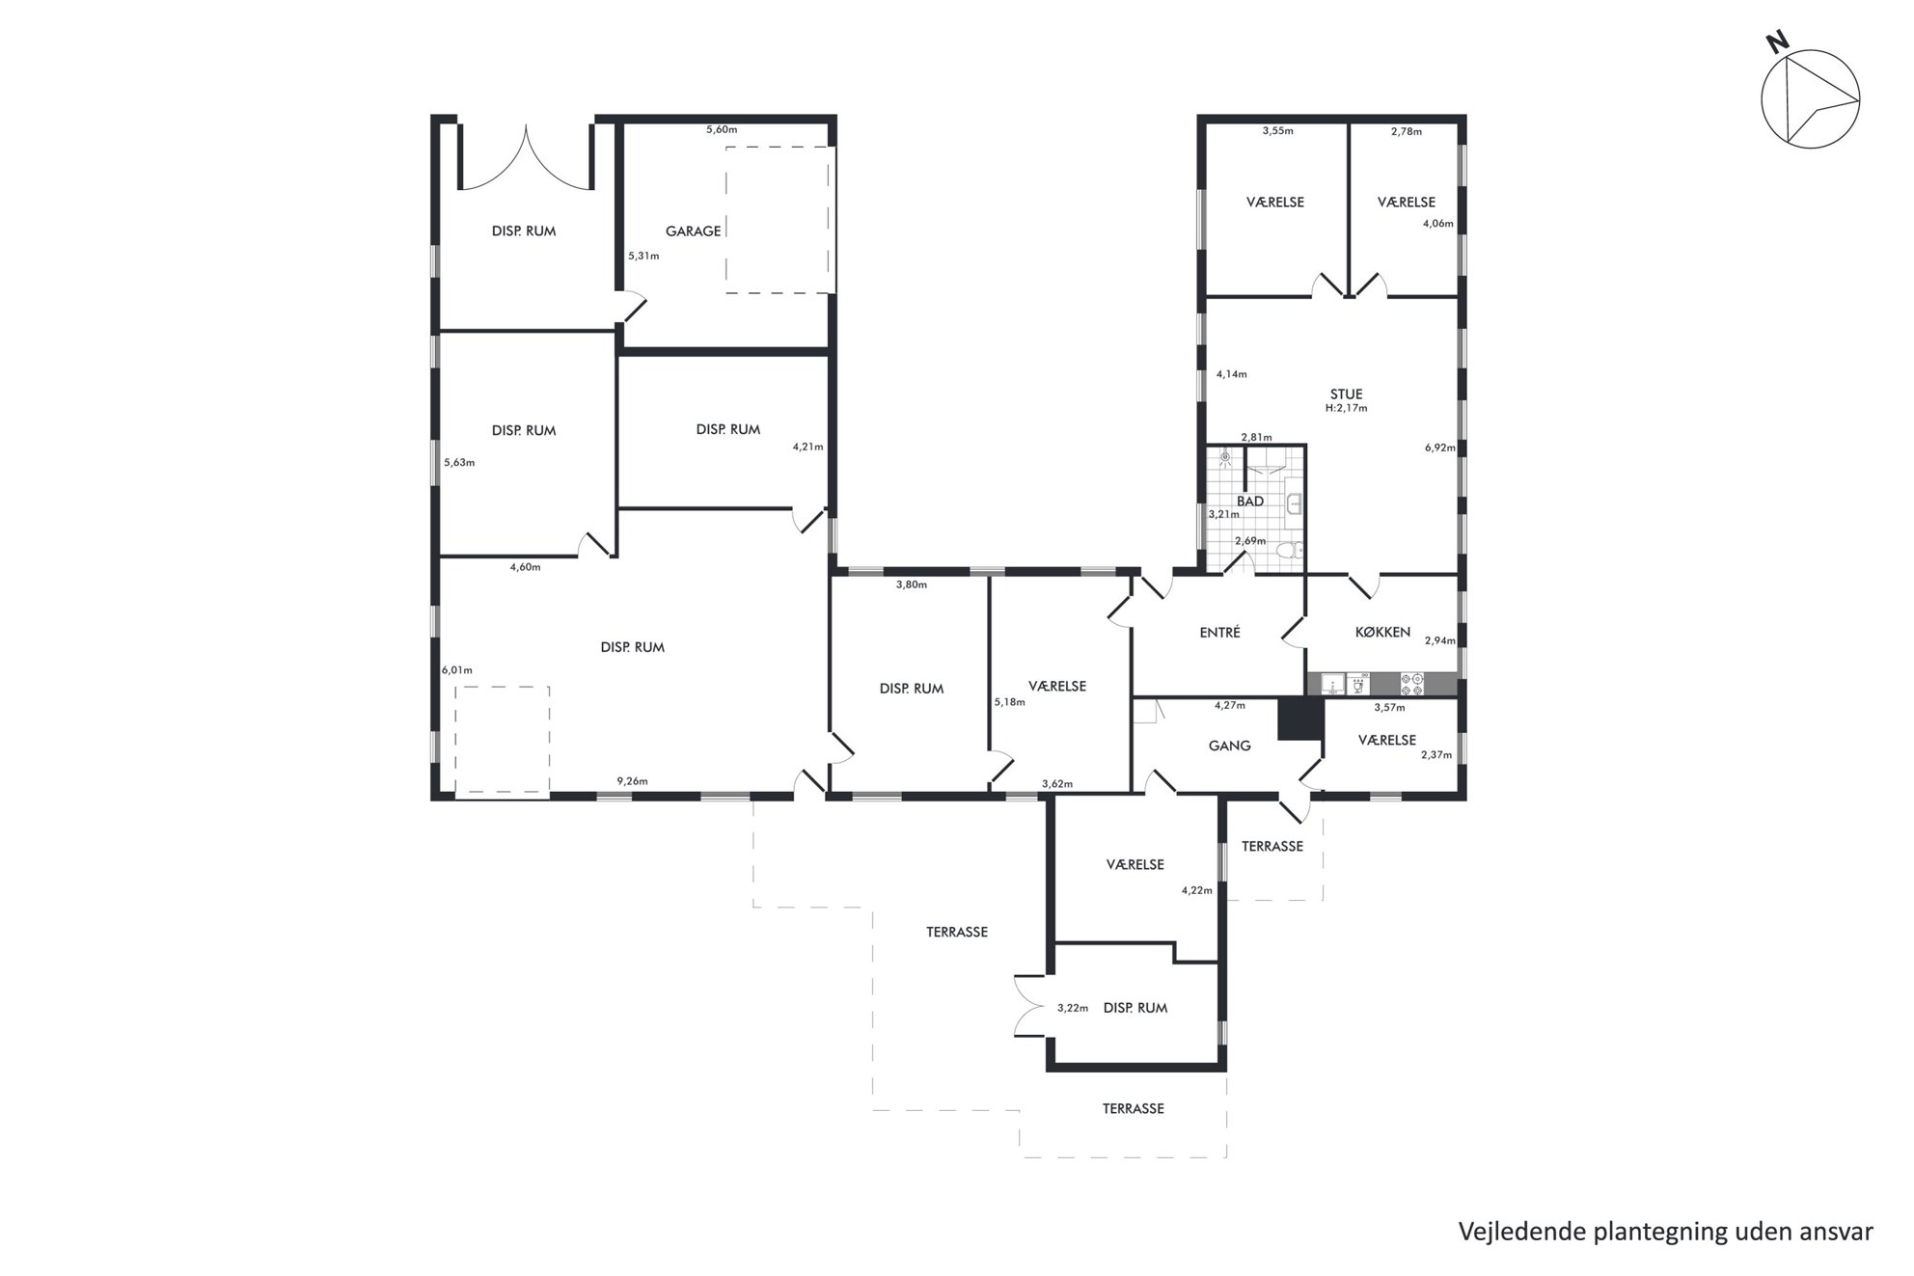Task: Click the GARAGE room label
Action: (x=693, y=231)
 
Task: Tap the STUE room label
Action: (x=1346, y=394)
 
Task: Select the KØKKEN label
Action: (x=1382, y=633)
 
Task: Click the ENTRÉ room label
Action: (x=1219, y=633)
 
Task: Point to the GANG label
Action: (x=1229, y=746)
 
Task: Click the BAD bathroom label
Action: (x=1250, y=502)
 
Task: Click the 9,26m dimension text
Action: (x=632, y=781)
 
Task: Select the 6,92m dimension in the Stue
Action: (x=1439, y=448)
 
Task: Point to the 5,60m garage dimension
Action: (x=722, y=129)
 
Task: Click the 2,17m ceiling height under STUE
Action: (x=1346, y=408)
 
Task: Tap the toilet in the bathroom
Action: (x=1288, y=552)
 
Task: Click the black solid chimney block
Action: (x=1299, y=719)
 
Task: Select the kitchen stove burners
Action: (x=1412, y=685)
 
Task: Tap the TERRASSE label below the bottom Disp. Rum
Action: (x=1133, y=1109)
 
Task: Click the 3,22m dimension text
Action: (x=1072, y=1009)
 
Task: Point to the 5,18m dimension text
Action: (x=1009, y=702)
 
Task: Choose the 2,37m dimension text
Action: (x=1435, y=755)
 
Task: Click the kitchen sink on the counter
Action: (x=1334, y=685)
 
